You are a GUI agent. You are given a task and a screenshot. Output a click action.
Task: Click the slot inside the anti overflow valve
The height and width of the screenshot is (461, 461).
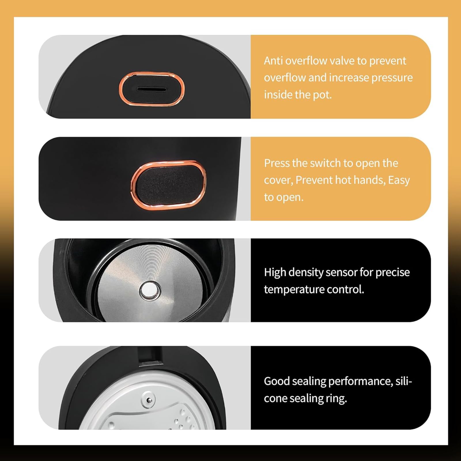[x=152, y=89]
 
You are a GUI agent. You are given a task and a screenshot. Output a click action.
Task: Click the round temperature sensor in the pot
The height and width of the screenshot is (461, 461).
[x=150, y=290]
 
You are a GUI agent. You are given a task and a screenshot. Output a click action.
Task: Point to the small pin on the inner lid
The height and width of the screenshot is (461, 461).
[x=149, y=400]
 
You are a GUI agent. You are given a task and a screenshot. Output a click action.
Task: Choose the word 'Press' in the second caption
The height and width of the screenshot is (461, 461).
[x=277, y=163]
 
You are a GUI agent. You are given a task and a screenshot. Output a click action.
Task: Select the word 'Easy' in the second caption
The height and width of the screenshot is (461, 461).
[x=399, y=181]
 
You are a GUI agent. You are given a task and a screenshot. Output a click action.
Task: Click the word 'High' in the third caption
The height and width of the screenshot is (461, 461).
[x=275, y=273]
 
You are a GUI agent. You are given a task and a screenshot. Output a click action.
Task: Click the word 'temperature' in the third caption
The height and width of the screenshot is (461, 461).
[x=293, y=290]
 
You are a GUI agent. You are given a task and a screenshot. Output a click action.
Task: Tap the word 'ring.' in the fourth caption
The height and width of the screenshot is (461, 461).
[x=337, y=399]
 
